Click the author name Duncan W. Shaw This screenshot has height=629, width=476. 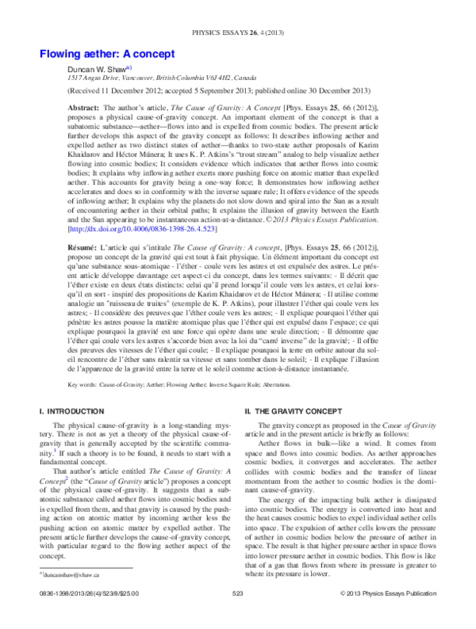coord(96,70)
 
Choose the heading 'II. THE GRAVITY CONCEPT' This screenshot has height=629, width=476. coord(293,412)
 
